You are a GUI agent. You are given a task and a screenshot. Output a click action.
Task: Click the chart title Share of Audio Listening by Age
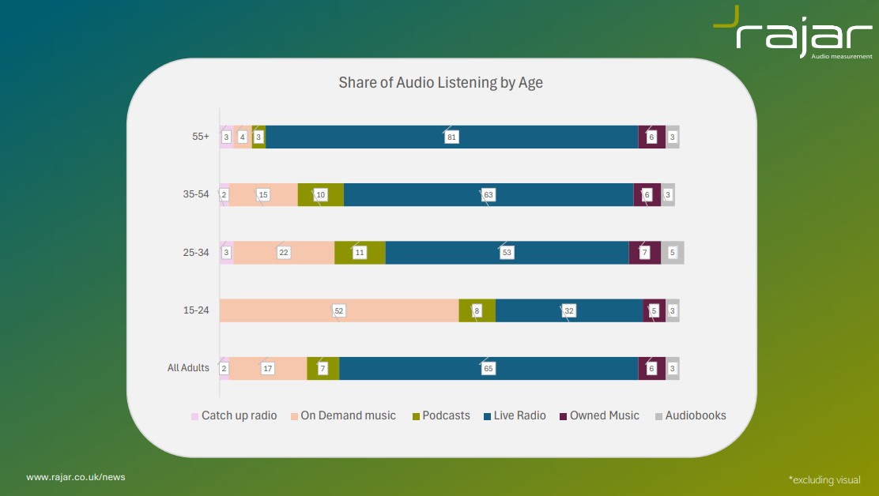pos(440,83)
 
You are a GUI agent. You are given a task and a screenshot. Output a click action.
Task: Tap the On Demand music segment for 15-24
pos(300,310)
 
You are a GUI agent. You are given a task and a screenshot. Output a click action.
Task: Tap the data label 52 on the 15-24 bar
pos(339,311)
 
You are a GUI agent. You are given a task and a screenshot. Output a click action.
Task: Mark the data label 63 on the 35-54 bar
pos(489,195)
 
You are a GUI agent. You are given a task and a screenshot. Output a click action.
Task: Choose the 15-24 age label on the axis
pos(196,310)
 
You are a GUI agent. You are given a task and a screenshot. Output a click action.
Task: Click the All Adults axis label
pos(188,368)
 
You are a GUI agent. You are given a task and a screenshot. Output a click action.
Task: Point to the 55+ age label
pos(201,137)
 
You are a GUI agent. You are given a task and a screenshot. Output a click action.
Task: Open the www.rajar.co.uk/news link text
pos(76,477)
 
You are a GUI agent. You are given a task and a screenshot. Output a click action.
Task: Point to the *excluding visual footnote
pos(824,479)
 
